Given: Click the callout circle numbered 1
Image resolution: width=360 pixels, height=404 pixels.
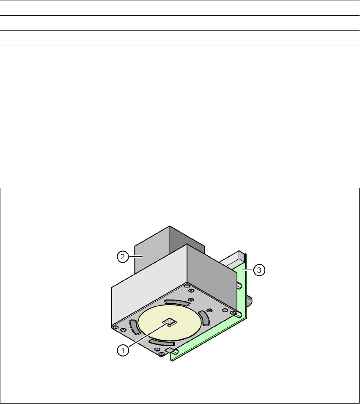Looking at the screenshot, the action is [x=123, y=350].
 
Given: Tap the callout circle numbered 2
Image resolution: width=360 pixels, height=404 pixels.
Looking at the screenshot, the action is [x=123, y=257].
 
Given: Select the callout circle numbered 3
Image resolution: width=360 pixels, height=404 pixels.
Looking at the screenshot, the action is [x=259, y=270].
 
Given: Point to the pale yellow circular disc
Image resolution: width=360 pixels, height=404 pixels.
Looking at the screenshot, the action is [x=170, y=323].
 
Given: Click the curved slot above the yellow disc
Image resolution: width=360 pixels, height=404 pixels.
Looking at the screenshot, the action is [x=177, y=303].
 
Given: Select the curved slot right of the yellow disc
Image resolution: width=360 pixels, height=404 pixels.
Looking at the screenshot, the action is [x=204, y=318].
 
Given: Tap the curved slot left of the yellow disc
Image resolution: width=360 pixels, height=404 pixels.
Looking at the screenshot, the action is [x=135, y=327].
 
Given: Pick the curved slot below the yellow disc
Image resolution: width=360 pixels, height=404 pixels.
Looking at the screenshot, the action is [x=162, y=342].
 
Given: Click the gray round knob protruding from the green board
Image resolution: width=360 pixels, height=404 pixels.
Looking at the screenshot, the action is [x=250, y=301].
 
